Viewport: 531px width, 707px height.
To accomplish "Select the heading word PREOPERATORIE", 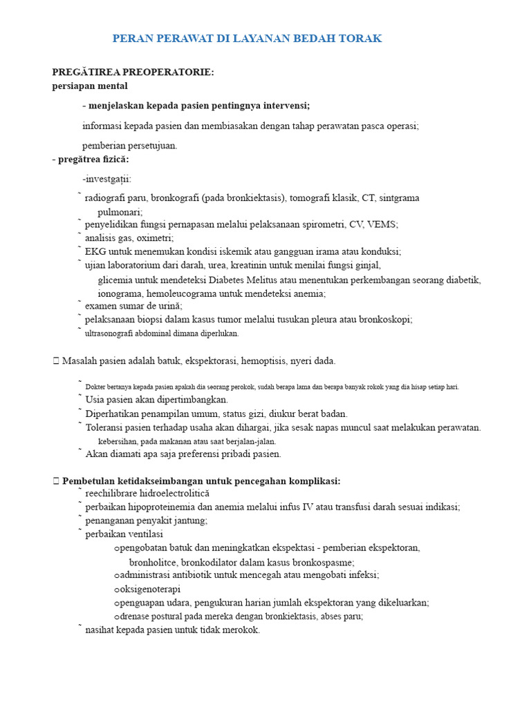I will tap(165, 72).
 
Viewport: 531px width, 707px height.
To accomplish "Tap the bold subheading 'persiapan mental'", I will tap(90, 86).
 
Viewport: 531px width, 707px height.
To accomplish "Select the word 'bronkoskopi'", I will tap(386, 319).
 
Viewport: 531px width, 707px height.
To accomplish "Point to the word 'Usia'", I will tap(95, 400).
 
